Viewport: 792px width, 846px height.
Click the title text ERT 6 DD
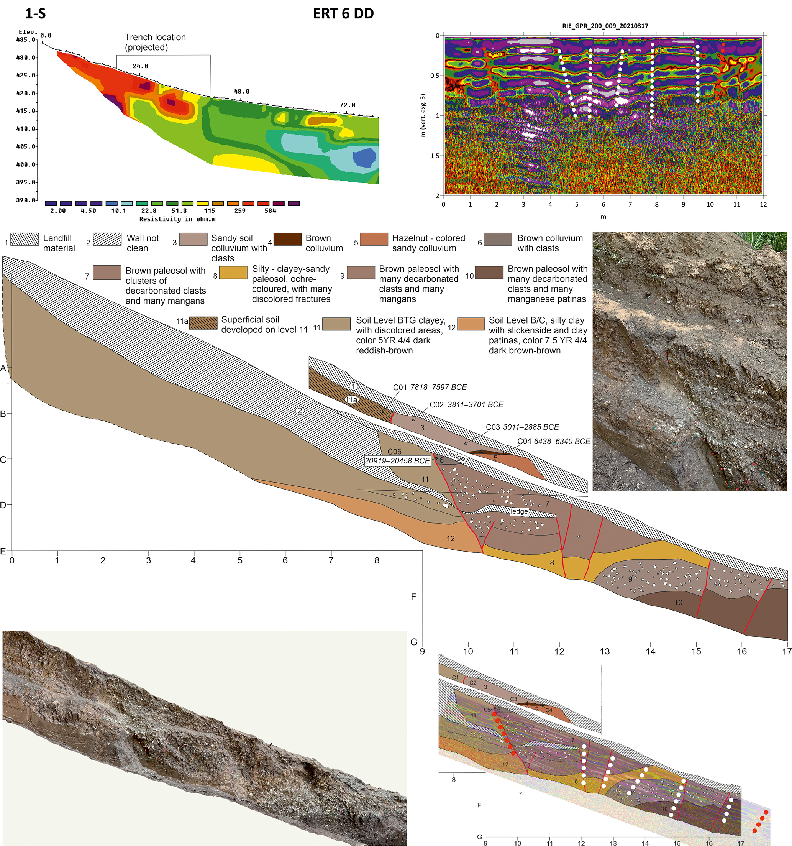(343, 14)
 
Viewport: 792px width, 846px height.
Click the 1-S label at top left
(35, 14)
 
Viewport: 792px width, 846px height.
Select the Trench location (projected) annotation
(155, 42)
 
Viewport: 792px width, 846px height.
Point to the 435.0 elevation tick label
(26, 39)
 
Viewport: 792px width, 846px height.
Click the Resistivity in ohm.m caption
(177, 219)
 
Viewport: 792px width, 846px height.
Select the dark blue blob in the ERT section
(364, 158)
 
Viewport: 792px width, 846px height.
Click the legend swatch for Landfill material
(24, 239)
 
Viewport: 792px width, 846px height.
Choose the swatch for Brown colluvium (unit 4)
(287, 239)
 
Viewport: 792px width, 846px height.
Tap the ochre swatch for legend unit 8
(233, 273)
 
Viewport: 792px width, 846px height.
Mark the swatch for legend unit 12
(471, 324)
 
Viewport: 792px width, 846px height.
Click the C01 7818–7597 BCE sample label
(430, 387)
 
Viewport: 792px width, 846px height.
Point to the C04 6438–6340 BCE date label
(553, 441)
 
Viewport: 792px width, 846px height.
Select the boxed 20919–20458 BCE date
(397, 460)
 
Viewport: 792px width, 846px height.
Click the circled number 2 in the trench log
(300, 411)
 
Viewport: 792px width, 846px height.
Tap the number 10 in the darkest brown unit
(678, 603)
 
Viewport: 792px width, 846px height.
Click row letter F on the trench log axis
(413, 596)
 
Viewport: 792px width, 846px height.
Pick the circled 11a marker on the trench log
(351, 399)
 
